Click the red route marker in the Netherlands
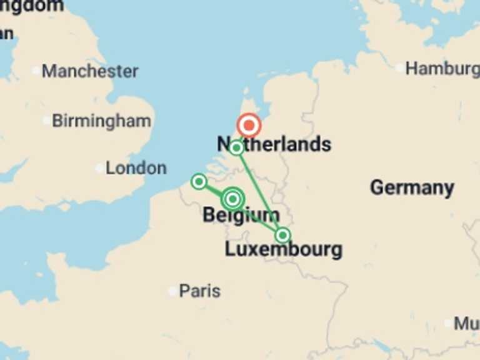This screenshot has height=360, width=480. (x=249, y=126)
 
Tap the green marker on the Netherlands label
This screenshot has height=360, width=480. (x=236, y=148)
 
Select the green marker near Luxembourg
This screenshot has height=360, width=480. (x=283, y=235)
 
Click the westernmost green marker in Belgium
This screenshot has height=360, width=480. (x=199, y=182)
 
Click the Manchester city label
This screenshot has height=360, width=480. (x=90, y=71)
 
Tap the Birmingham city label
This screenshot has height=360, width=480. (x=101, y=121)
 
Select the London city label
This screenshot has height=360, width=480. (x=136, y=168)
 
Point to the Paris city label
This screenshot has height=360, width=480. (x=199, y=291)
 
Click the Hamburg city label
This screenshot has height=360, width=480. (x=442, y=68)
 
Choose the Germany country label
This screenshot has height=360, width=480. (x=412, y=187)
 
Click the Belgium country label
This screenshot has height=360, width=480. (x=241, y=216)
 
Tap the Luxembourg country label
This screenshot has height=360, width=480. (x=283, y=250)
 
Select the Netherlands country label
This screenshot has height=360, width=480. (x=274, y=144)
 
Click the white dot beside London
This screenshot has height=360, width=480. (x=99, y=168)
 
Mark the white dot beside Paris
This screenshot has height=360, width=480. (x=173, y=291)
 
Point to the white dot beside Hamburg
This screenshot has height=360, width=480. (x=399, y=67)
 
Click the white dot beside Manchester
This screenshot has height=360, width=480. (x=36, y=71)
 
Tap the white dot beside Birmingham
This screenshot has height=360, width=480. (x=46, y=121)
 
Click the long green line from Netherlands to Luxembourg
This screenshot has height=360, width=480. (x=259, y=191)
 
